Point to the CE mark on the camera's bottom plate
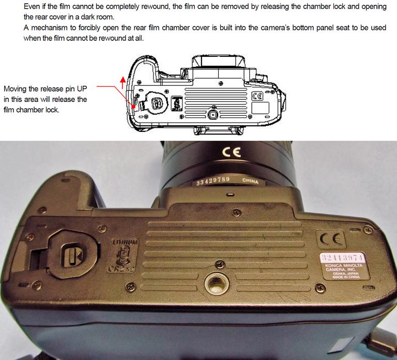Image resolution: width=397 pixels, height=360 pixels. tap(329, 239)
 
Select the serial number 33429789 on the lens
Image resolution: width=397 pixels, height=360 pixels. tap(212, 182)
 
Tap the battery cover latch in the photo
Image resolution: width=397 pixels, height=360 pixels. tap(69, 255)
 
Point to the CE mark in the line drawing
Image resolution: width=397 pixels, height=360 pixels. tap(257, 96)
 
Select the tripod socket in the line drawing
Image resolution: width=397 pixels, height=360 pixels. tap(212, 113)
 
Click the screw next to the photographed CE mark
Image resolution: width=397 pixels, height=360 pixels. tap(368, 229)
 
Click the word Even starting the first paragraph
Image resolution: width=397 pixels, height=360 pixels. tap(33, 6)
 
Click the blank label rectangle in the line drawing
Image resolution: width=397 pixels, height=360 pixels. tap(259, 109)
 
